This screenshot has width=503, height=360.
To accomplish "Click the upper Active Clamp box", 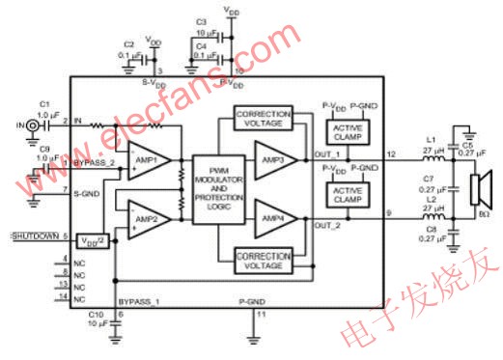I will [344, 133].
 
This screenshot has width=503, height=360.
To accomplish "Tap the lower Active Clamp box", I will [344, 193].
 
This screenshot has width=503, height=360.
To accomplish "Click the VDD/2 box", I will [93, 237].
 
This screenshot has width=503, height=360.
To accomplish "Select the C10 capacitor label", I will [94, 315].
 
